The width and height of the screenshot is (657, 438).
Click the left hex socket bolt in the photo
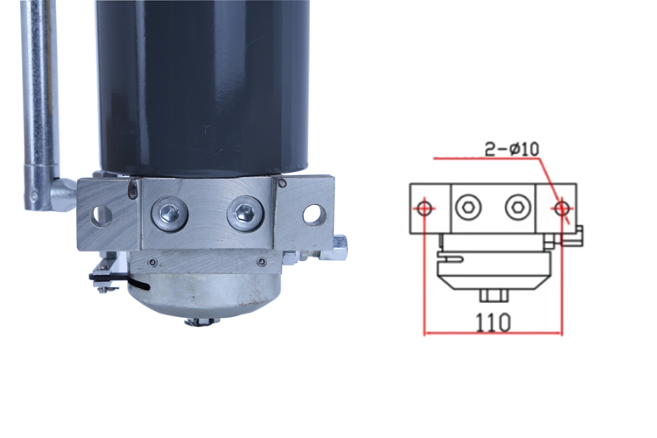click(x=170, y=214)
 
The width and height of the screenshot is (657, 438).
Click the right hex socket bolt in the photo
click(x=245, y=214)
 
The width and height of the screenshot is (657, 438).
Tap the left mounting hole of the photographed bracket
click(x=101, y=215)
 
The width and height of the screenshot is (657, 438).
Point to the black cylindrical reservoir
click(x=203, y=86)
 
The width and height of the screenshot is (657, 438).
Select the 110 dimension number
click(x=492, y=322)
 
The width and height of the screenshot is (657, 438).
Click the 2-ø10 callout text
click(x=512, y=149)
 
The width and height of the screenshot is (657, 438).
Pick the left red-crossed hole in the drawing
click(x=425, y=208)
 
